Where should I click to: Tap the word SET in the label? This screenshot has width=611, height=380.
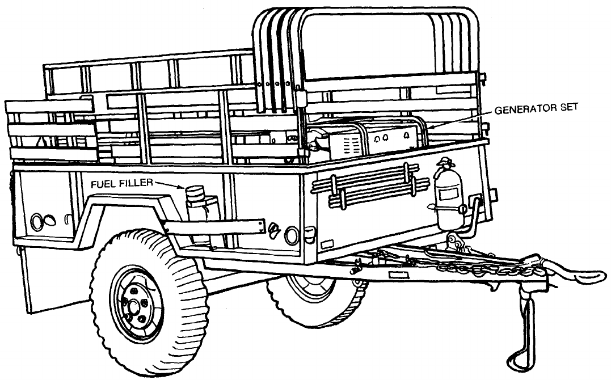tap(565, 109)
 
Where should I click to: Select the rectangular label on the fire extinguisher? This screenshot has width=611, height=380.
tap(445, 195)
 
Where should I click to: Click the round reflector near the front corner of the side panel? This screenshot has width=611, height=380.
tap(292, 235)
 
